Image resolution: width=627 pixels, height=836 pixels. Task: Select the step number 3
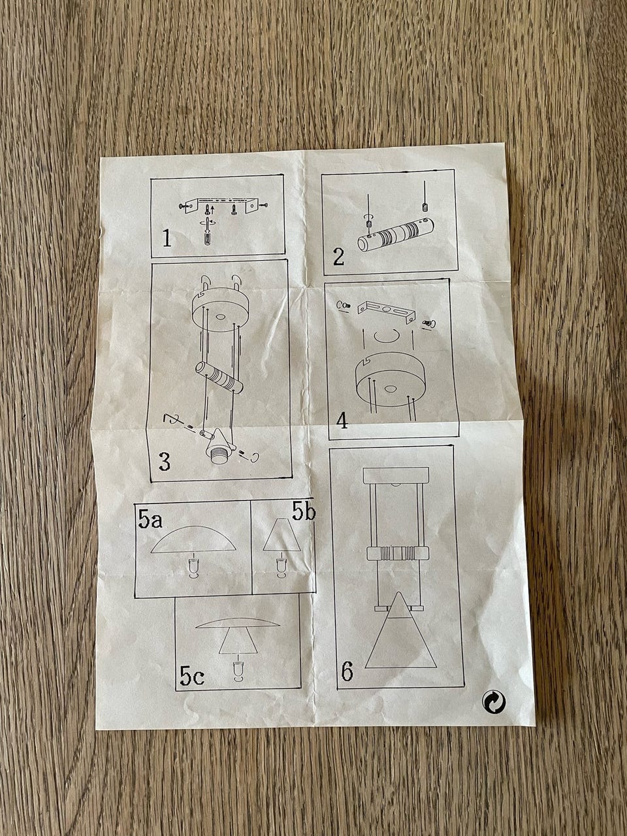(x=165, y=462)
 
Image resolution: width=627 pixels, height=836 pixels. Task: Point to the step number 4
(x=342, y=421)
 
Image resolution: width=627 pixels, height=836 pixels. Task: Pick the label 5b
(x=304, y=512)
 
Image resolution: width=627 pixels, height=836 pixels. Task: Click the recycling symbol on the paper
(x=494, y=701)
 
